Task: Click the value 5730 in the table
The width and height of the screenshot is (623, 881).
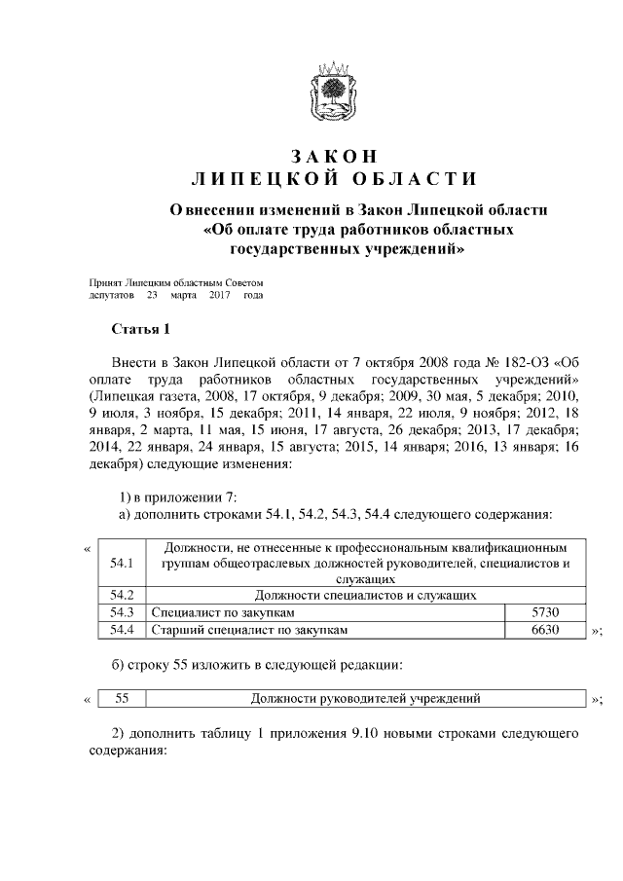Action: pos(545,612)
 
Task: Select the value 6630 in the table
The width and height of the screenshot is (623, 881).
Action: pos(545,630)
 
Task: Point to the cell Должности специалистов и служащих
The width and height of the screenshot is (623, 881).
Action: pos(365,594)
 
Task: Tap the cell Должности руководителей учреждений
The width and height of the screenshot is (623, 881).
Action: pos(365,698)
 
